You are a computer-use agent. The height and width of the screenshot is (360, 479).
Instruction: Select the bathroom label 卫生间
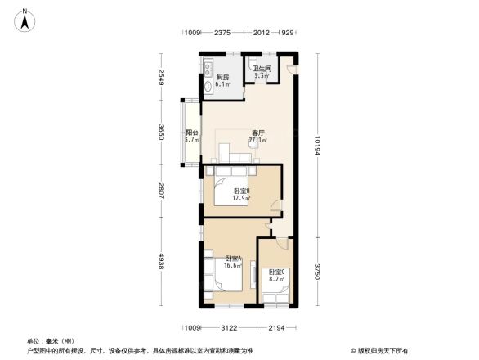pyautogui.click(x=262, y=69)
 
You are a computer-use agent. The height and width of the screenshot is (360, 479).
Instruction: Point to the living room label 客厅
pyautogui.click(x=257, y=133)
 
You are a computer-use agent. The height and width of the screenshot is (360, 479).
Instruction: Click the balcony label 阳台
pyautogui.click(x=191, y=133)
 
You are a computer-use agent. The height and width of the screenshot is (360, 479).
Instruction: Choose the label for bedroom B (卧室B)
pyautogui.click(x=242, y=191)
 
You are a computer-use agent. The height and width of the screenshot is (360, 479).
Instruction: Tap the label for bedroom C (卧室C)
pyautogui.click(x=275, y=272)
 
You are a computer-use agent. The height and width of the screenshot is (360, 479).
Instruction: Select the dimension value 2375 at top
pyautogui.click(x=222, y=34)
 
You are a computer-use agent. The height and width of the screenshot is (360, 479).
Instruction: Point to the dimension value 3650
pyautogui.click(x=163, y=133)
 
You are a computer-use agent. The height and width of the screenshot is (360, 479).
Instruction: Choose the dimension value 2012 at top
pyautogui.click(x=262, y=34)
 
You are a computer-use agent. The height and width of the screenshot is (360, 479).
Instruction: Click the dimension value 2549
pyautogui.click(x=163, y=78)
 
